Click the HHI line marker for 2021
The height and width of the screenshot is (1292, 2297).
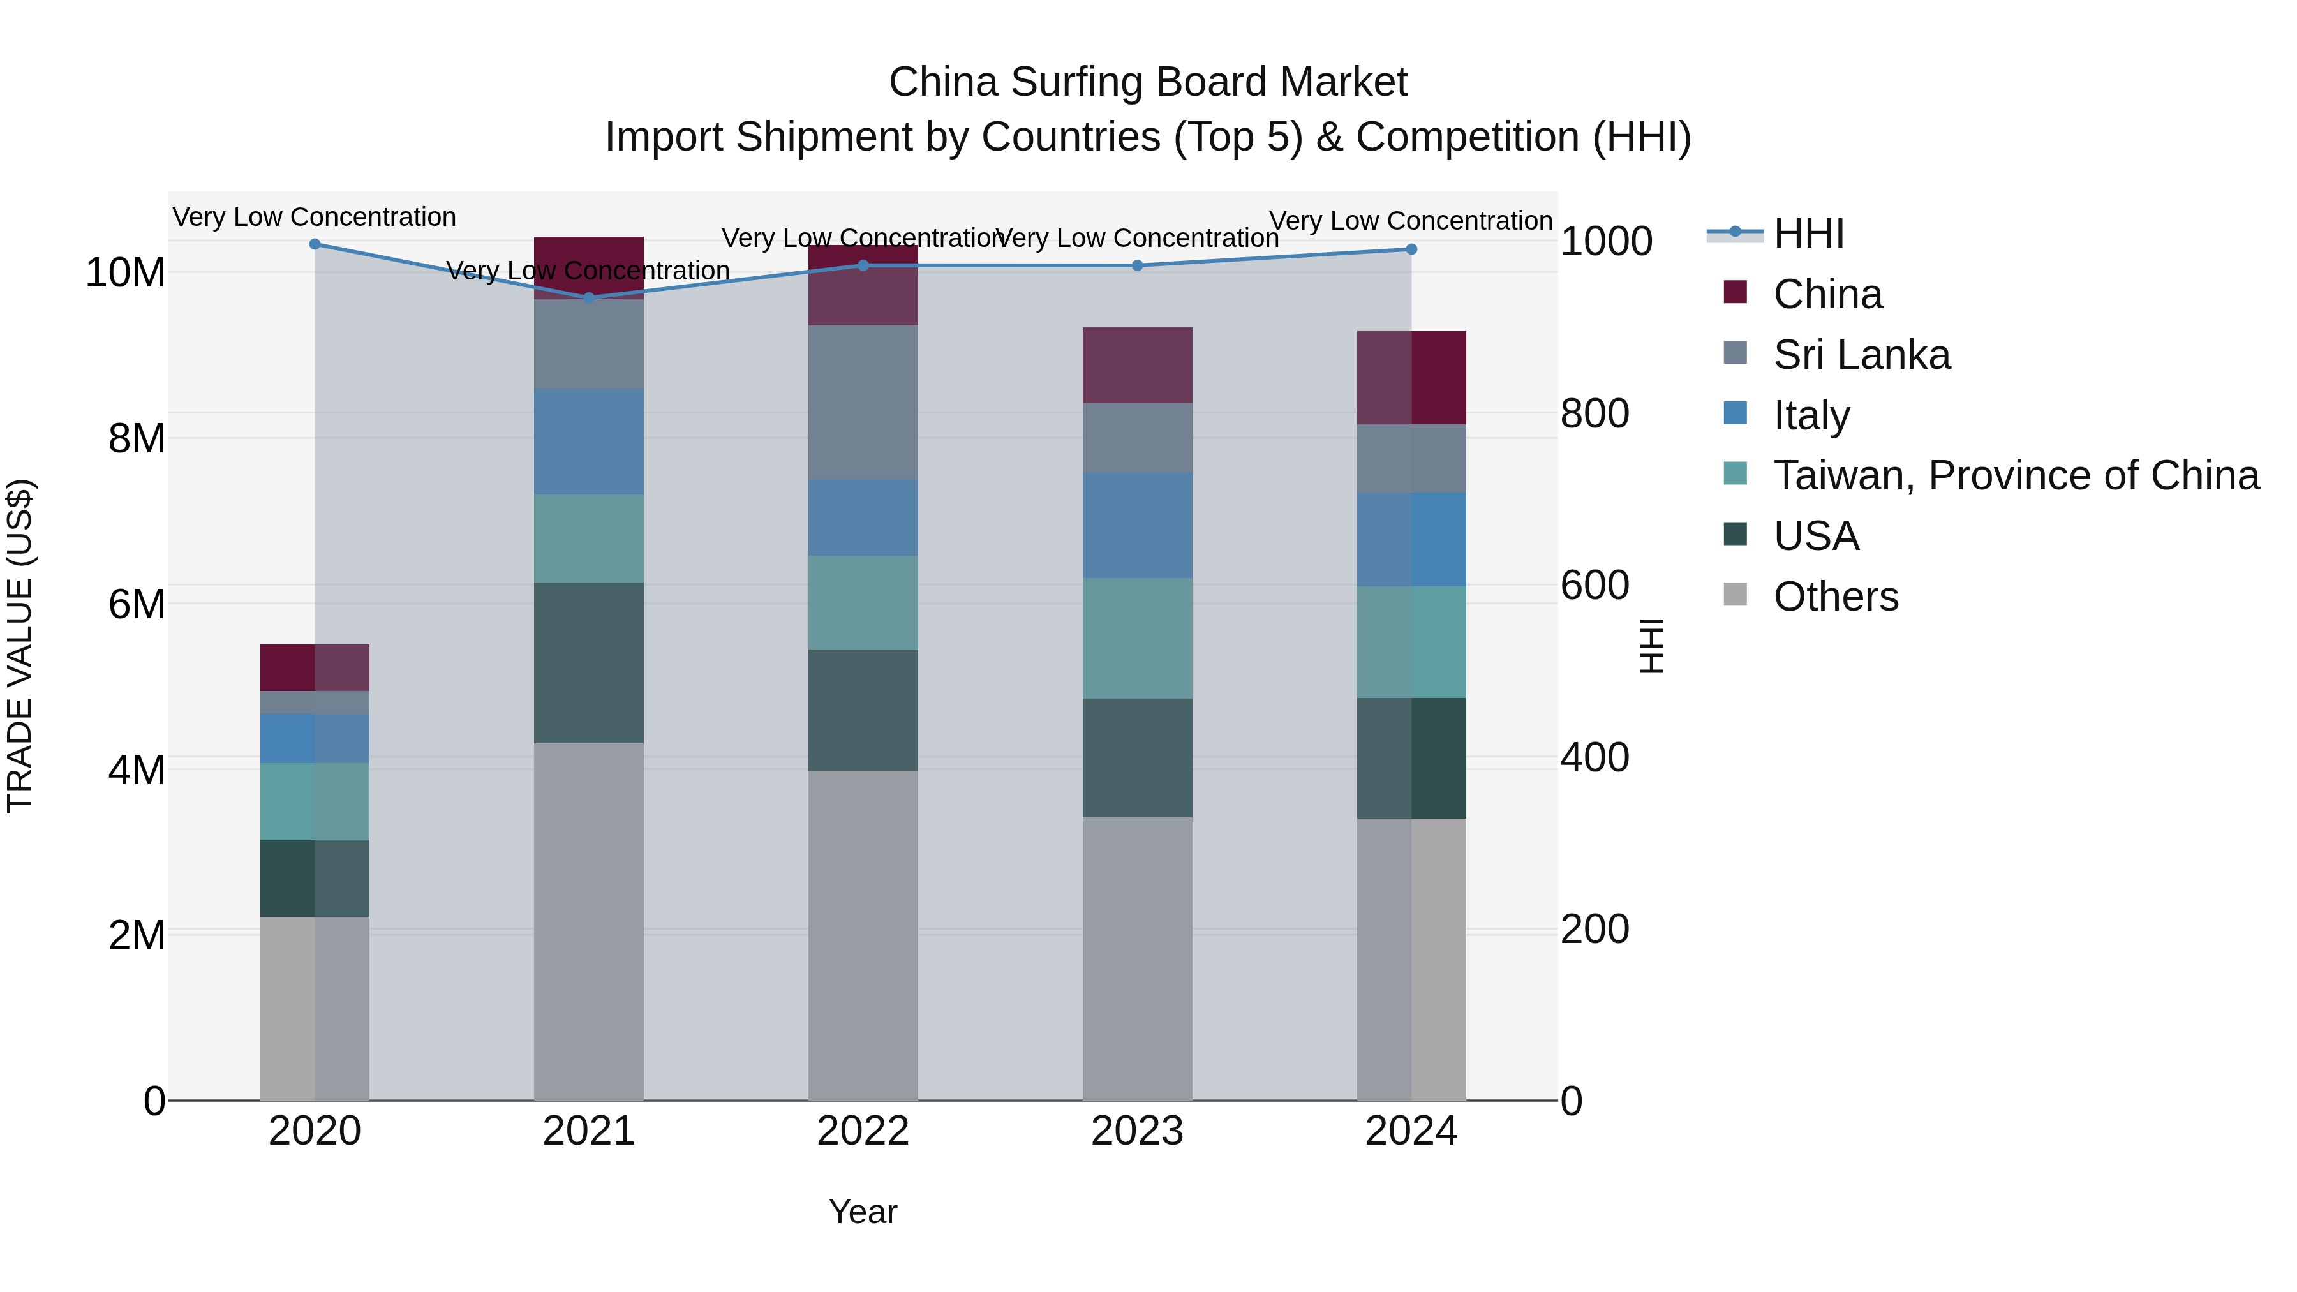click(x=588, y=298)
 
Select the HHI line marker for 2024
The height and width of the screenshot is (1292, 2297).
click(x=1411, y=249)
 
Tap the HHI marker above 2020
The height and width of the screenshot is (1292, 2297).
click(x=315, y=244)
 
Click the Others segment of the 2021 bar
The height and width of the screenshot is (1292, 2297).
click(x=588, y=921)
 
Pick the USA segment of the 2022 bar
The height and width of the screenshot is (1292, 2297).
click(x=862, y=709)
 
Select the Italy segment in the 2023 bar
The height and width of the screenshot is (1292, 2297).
click(x=1137, y=525)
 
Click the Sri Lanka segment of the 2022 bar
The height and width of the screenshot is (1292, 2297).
click(x=862, y=402)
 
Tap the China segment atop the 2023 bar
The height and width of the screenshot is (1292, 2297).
click(x=1137, y=366)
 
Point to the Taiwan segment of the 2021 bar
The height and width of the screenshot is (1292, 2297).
click(x=588, y=538)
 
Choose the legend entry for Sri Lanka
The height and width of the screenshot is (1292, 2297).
click(x=1861, y=355)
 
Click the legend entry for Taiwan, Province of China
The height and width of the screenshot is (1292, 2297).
click(x=2015, y=475)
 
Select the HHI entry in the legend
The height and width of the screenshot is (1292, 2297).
click(x=1808, y=234)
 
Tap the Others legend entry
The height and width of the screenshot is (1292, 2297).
click(x=1835, y=597)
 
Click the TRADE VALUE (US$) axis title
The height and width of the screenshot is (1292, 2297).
click(x=20, y=646)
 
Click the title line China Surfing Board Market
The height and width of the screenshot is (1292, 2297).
click(x=1148, y=82)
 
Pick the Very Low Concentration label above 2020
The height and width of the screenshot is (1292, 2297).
click(x=315, y=218)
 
